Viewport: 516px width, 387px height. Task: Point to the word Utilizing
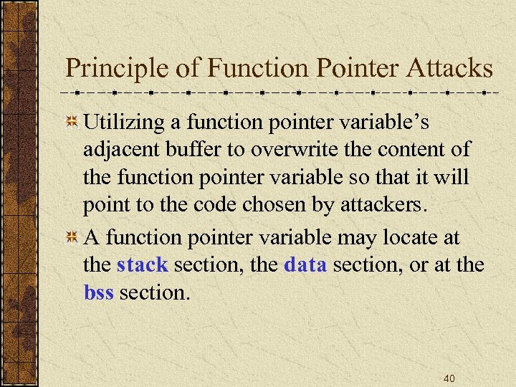pyautogui.click(x=125, y=123)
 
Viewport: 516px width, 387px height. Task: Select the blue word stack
pyautogui.click(x=142, y=265)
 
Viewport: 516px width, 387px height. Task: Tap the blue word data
pyautogui.click(x=305, y=265)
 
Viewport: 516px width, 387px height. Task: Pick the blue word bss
pyautogui.click(x=99, y=292)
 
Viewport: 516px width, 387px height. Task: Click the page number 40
pyautogui.click(x=449, y=378)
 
